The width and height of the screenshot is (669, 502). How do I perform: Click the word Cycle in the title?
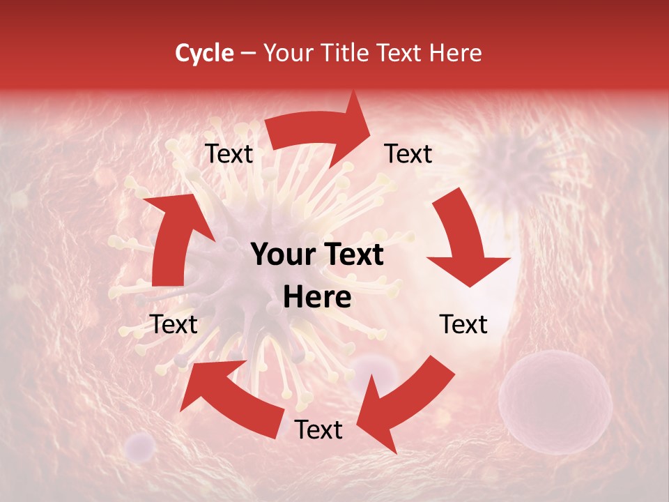204,53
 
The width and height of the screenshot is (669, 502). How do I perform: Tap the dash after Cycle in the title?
247,54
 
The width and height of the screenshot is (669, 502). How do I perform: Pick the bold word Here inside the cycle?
317,298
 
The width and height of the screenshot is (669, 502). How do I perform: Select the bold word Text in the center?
351,256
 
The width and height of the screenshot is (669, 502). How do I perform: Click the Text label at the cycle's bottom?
318,430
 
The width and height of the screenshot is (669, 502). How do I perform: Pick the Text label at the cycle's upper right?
408,153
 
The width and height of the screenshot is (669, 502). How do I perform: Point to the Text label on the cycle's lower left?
174,324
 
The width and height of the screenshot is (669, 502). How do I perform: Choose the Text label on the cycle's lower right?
463,324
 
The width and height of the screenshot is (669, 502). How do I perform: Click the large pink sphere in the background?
555,403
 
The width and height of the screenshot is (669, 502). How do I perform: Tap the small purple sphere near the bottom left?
141,446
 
